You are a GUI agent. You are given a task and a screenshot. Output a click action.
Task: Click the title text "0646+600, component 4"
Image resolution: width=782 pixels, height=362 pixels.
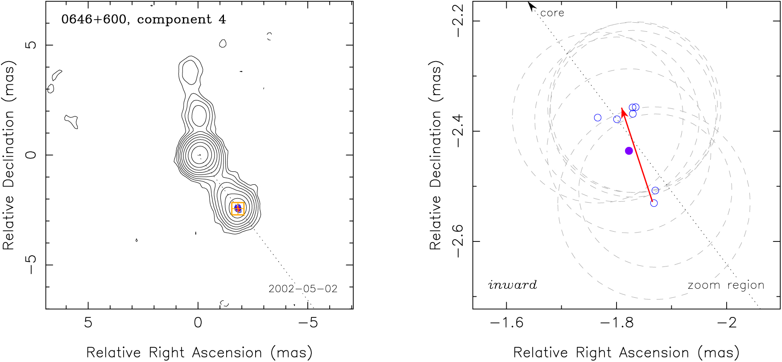144,20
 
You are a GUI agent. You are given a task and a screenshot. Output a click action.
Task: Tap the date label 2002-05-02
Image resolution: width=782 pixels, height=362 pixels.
303,289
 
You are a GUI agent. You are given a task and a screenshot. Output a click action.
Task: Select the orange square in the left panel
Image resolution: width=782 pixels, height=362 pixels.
238,208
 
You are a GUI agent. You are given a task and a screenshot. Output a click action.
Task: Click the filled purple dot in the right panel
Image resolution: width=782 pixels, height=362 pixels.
629,151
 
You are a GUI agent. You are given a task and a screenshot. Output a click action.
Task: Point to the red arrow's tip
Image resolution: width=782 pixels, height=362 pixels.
622,108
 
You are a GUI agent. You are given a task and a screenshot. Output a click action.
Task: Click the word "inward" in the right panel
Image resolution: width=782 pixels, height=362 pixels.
513,285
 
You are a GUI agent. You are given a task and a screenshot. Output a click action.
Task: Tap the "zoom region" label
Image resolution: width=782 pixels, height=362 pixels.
726,285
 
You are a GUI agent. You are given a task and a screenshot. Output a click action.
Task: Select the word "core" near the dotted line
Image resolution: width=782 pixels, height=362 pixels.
552,13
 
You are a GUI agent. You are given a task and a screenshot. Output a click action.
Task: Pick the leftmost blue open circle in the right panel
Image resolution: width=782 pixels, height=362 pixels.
598,118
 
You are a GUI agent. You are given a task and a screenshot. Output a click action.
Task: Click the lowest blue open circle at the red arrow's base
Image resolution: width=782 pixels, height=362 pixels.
654,203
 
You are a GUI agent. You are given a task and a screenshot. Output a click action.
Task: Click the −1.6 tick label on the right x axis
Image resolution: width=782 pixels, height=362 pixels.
507,323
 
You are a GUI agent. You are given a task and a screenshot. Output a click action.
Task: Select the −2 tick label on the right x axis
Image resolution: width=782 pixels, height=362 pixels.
727,323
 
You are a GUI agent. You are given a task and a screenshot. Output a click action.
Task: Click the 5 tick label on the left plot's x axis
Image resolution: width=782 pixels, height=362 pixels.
88,323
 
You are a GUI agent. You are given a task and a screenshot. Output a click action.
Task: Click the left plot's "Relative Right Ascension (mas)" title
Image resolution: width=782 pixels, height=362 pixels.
199,353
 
